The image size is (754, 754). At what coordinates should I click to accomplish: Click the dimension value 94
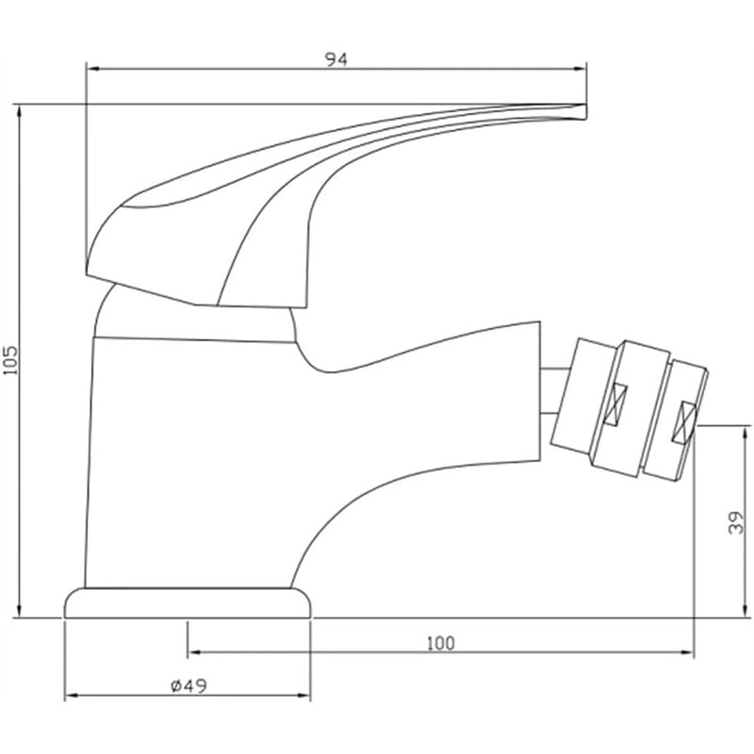click(336, 59)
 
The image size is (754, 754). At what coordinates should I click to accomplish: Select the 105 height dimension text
click(10, 359)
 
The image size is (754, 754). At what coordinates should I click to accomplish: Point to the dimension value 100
click(440, 644)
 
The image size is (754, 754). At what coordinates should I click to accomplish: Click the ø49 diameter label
click(188, 687)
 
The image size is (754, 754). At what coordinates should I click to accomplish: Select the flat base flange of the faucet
click(188, 603)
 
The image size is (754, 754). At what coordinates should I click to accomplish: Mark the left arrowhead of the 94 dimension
click(91, 68)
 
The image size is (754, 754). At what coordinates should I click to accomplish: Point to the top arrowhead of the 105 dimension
click(20, 109)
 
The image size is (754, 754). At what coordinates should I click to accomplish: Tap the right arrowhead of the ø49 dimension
click(306, 697)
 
